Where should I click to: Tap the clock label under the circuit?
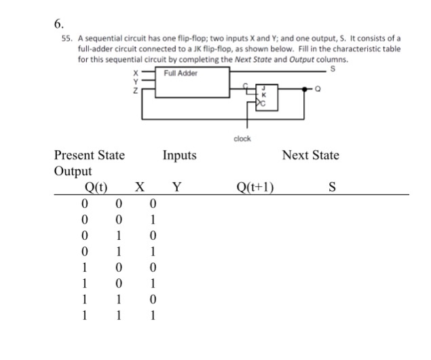pos(242,139)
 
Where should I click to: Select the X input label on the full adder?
pos(136,73)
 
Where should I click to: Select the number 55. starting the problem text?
pos(60,39)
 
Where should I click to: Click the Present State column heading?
pos(90,156)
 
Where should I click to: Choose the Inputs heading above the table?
pos(179,156)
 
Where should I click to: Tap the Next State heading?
pos(310,156)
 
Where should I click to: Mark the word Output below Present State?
pos(73,171)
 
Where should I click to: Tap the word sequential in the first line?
pos(99,39)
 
